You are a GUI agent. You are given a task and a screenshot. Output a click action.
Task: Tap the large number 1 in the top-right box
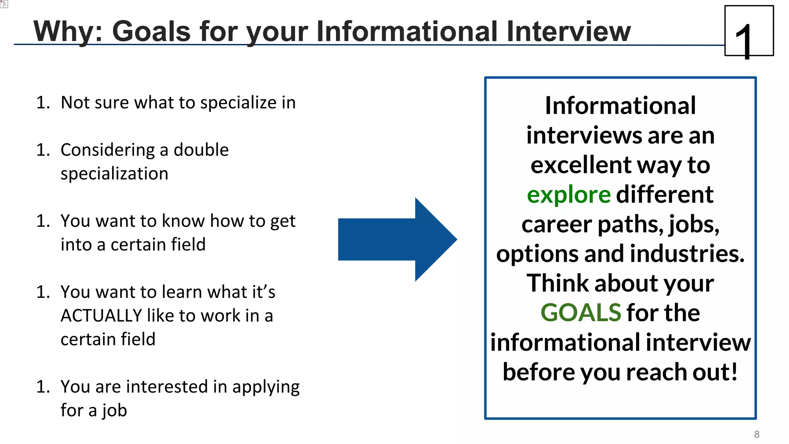(744, 40)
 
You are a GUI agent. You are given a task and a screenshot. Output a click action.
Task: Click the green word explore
(568, 195)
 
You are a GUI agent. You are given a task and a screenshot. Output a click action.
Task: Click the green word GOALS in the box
(581, 313)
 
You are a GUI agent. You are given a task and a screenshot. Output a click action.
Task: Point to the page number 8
(757, 434)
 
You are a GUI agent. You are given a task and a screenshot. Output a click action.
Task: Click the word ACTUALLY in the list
(101, 316)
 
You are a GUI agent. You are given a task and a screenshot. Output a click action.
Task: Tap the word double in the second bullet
(201, 150)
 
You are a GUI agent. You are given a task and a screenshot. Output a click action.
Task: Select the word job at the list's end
(114, 410)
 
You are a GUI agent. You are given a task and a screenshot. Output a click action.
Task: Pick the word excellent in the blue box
(581, 165)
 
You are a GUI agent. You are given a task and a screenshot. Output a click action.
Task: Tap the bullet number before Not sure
(43, 103)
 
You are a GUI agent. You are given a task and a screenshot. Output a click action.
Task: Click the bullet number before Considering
(43, 150)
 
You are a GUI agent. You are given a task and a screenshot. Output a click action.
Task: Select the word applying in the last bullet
(266, 387)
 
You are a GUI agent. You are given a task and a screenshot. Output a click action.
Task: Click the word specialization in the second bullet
(114, 174)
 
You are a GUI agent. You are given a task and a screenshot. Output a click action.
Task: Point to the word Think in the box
(558, 283)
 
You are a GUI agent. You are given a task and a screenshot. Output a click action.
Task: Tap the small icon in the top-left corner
(4, 4)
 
